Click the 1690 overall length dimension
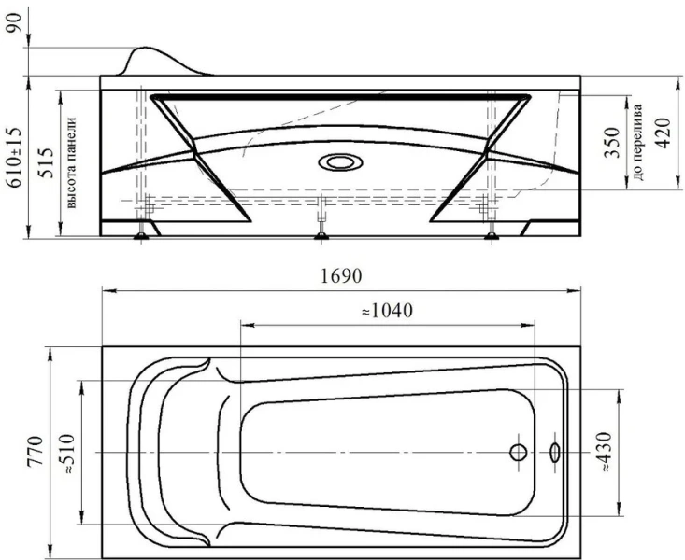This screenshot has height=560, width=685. coord(340,277)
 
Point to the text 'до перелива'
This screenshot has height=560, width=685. coord(638,140)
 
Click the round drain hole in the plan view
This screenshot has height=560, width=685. coord(519,453)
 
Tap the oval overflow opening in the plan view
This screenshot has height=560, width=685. coord(555,453)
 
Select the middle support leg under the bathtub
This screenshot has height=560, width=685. coord(321,219)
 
